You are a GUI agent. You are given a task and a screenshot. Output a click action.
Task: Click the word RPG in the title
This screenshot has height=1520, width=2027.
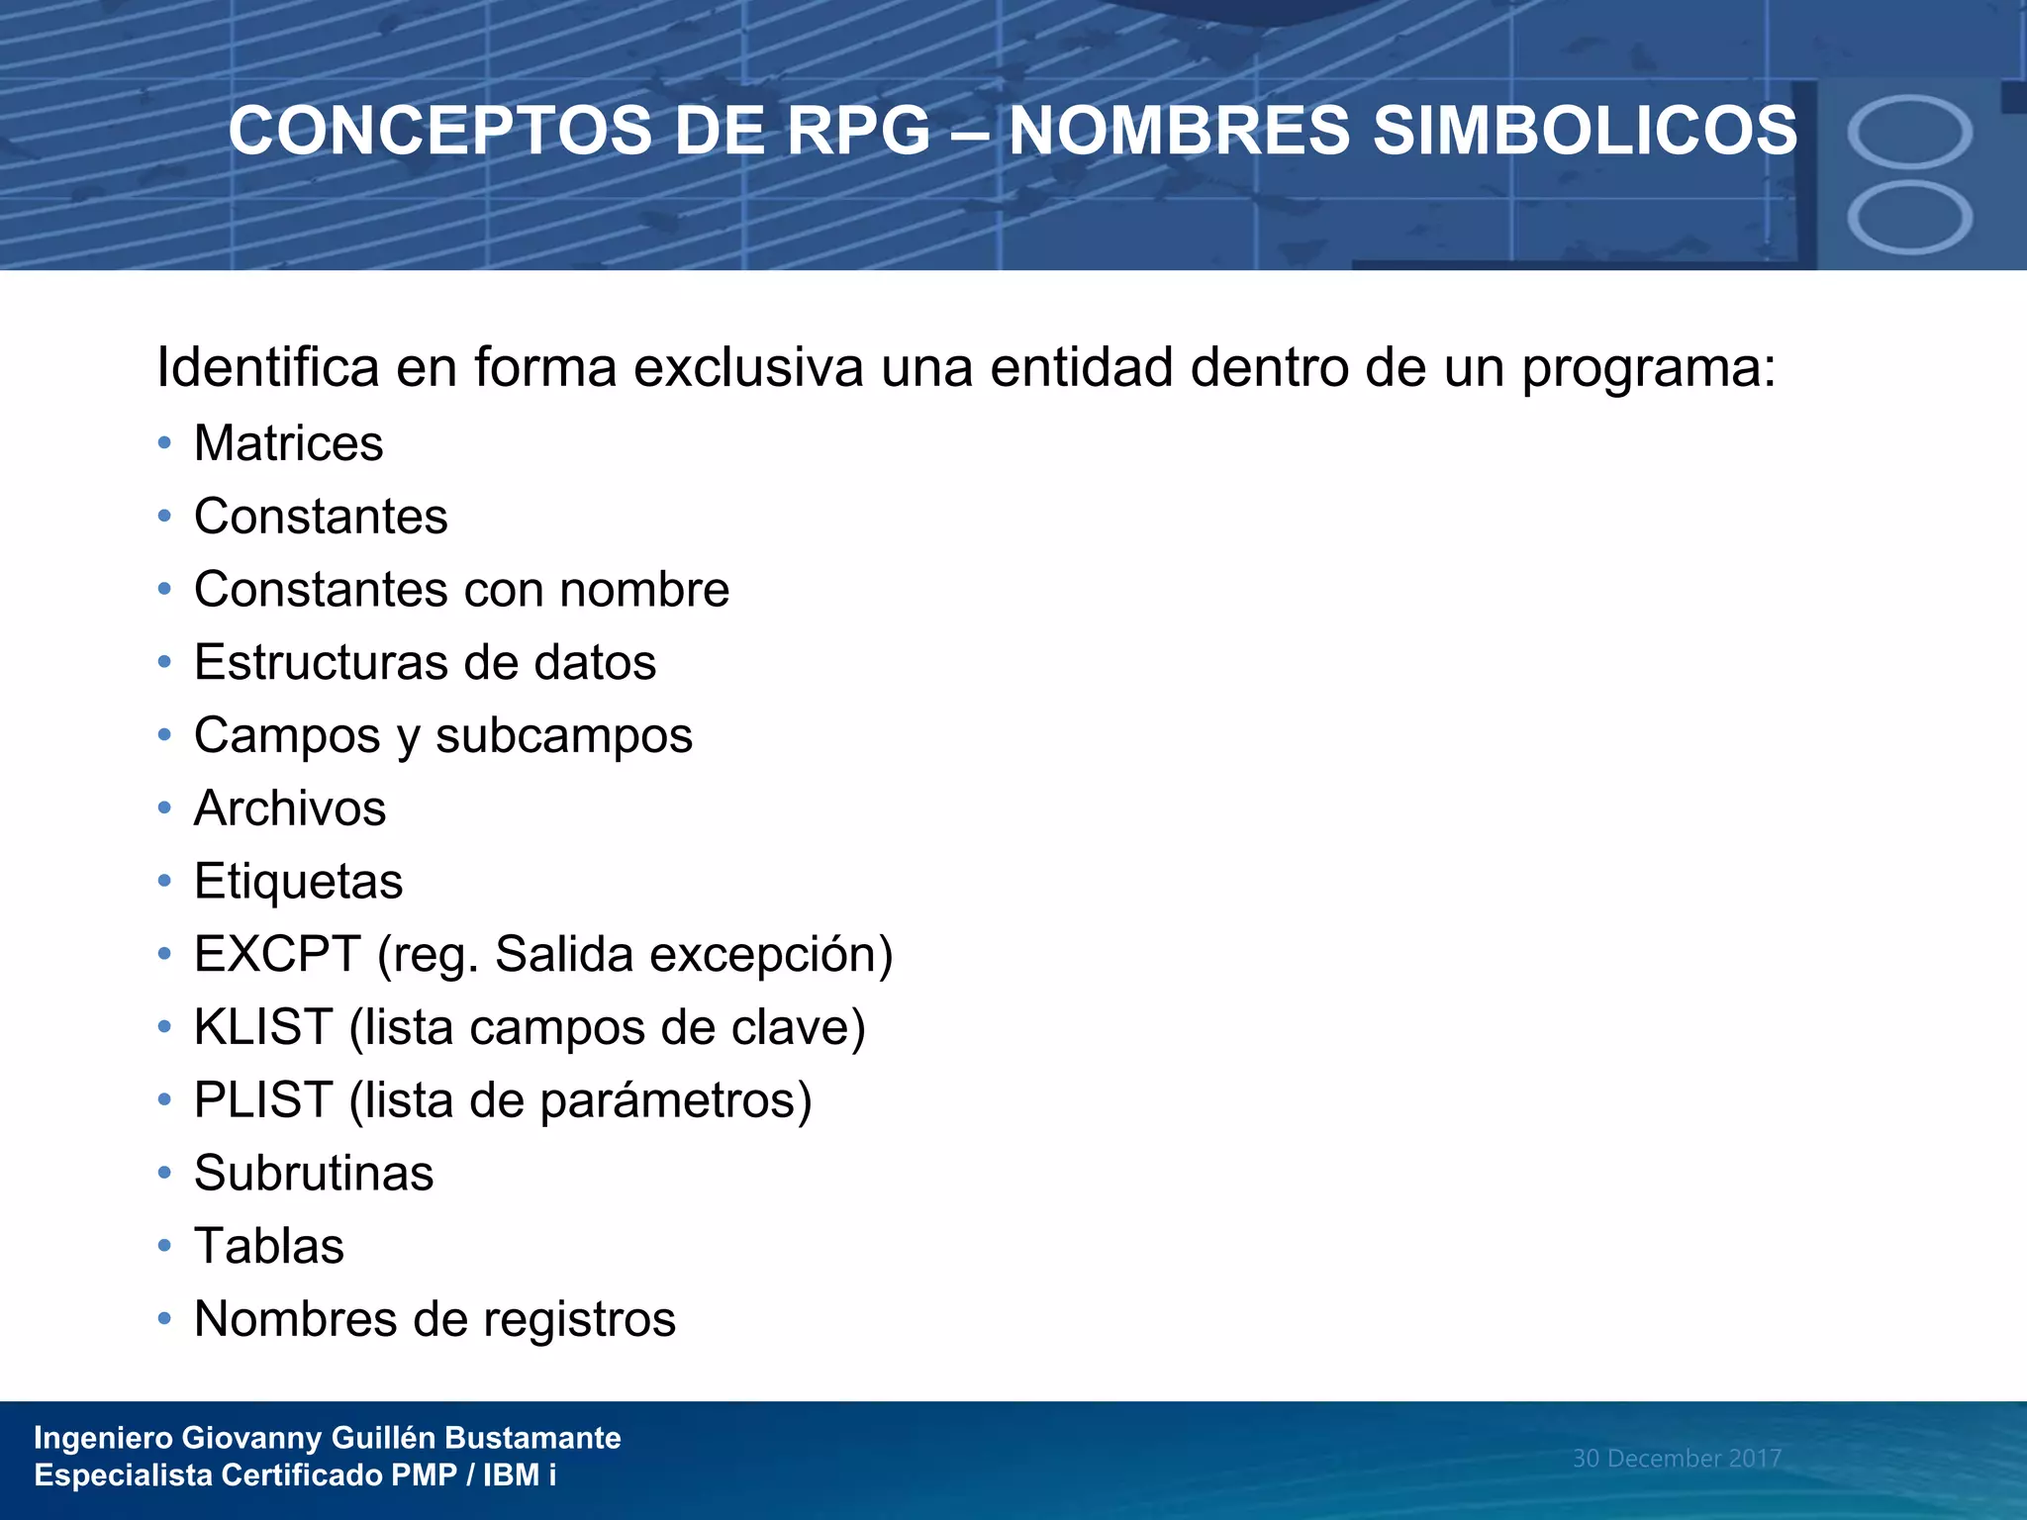(x=858, y=132)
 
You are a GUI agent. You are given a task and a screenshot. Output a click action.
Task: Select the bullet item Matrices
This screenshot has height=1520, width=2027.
(x=288, y=443)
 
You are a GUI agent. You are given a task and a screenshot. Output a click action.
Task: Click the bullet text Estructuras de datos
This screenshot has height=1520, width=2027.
(x=425, y=662)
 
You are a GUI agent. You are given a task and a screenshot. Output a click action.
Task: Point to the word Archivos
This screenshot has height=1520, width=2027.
(x=290, y=808)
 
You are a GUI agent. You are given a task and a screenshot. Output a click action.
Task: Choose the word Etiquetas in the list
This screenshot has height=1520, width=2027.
(x=298, y=882)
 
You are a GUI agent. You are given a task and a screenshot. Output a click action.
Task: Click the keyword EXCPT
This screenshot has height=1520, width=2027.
(x=277, y=955)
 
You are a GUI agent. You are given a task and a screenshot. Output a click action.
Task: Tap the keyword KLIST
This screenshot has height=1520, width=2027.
(x=263, y=1027)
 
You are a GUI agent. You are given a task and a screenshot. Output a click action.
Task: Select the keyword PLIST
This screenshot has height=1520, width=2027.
(x=263, y=1100)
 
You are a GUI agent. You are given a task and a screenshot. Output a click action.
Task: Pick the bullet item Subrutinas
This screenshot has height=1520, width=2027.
(x=314, y=1174)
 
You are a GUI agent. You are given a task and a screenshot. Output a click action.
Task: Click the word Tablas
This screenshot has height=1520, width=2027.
(x=269, y=1247)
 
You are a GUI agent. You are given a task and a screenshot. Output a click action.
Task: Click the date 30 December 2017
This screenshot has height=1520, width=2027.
(x=1677, y=1459)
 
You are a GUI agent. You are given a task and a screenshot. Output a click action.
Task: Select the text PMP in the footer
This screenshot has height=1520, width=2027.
(x=424, y=1475)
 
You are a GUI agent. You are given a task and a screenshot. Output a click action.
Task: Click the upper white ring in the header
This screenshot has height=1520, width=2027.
(x=1909, y=133)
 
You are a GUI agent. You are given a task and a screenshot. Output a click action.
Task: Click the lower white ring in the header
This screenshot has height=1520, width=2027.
(x=1909, y=218)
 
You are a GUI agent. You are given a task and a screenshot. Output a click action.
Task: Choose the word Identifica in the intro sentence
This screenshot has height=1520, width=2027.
(x=268, y=368)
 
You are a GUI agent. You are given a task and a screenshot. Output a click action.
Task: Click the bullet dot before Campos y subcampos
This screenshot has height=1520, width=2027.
(x=164, y=735)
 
